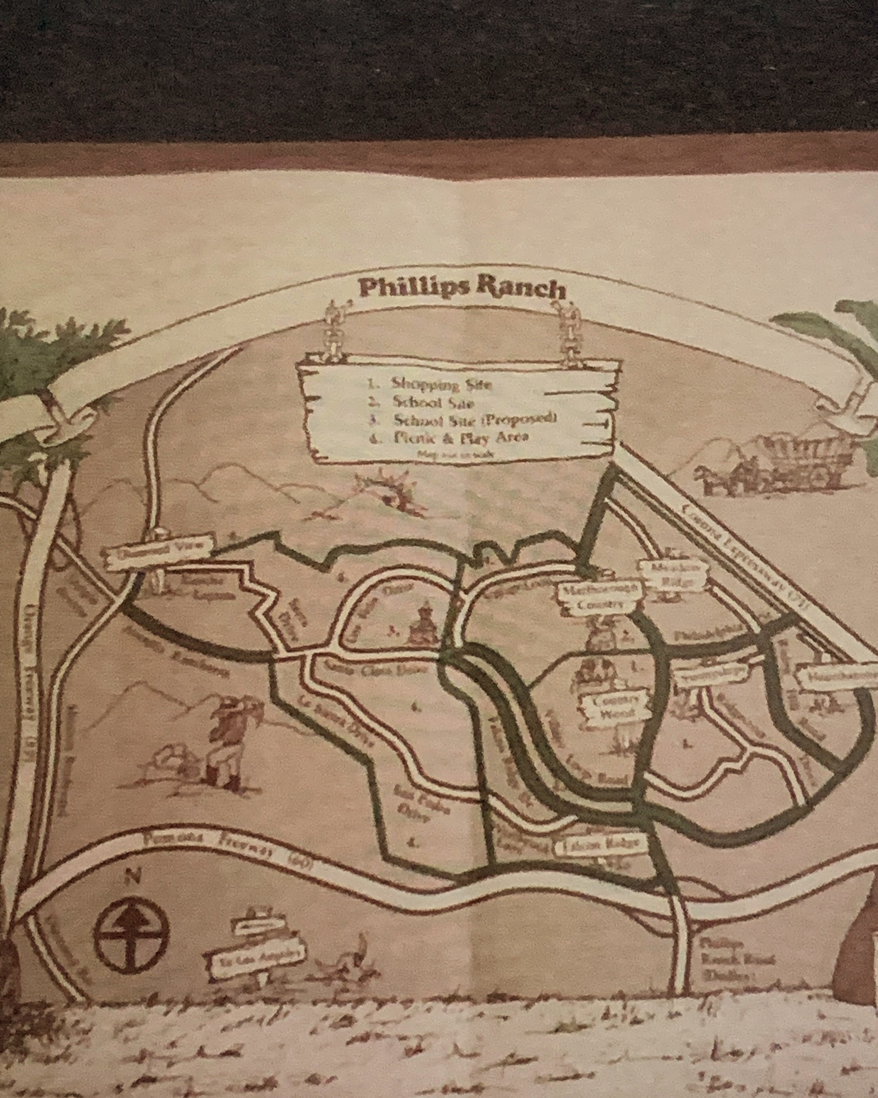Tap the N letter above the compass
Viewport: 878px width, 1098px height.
coord(130,877)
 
